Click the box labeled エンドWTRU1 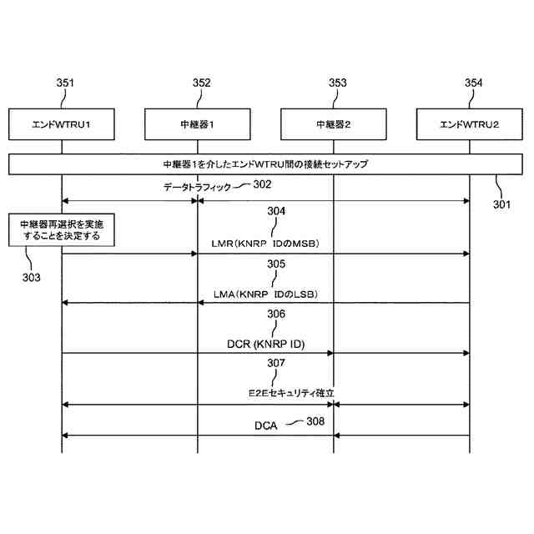coord(61,124)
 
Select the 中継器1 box coord(198,124)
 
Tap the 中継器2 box coord(334,124)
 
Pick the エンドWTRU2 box coord(470,124)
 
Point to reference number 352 coord(201,83)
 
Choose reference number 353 coord(338,83)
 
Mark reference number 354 coord(473,83)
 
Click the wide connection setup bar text coord(265,164)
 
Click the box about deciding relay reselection coord(61,230)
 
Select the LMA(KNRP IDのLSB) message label coord(265,295)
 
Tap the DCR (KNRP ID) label coord(265,344)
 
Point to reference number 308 coord(315,422)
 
